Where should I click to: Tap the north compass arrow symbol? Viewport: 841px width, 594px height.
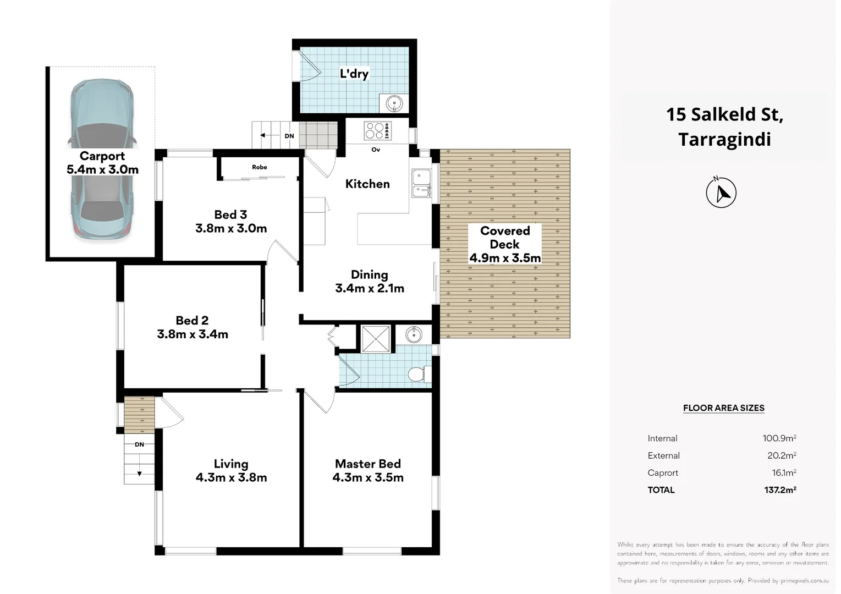721,193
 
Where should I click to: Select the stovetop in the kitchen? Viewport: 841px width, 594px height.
378,131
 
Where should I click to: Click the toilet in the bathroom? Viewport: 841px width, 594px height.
419,374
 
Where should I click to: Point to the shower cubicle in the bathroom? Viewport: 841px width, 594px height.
376,339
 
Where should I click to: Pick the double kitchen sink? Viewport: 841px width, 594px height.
422,183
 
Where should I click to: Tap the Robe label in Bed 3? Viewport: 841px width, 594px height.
260,167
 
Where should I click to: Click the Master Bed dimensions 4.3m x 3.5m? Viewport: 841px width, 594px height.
368,477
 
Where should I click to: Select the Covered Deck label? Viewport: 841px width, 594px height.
505,238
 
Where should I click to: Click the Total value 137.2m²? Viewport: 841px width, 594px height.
780,490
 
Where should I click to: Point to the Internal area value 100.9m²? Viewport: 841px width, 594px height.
779,438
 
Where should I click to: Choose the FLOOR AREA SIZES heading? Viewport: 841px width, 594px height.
723,408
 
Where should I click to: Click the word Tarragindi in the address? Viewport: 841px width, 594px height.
724,140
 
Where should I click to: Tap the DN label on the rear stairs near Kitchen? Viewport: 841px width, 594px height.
289,136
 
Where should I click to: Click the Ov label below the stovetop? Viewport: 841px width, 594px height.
376,150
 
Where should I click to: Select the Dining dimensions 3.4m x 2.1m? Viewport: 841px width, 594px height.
370,288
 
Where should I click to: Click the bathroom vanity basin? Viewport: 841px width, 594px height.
414,334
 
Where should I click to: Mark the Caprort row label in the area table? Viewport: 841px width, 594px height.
663,473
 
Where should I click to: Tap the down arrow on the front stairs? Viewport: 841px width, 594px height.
139,473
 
